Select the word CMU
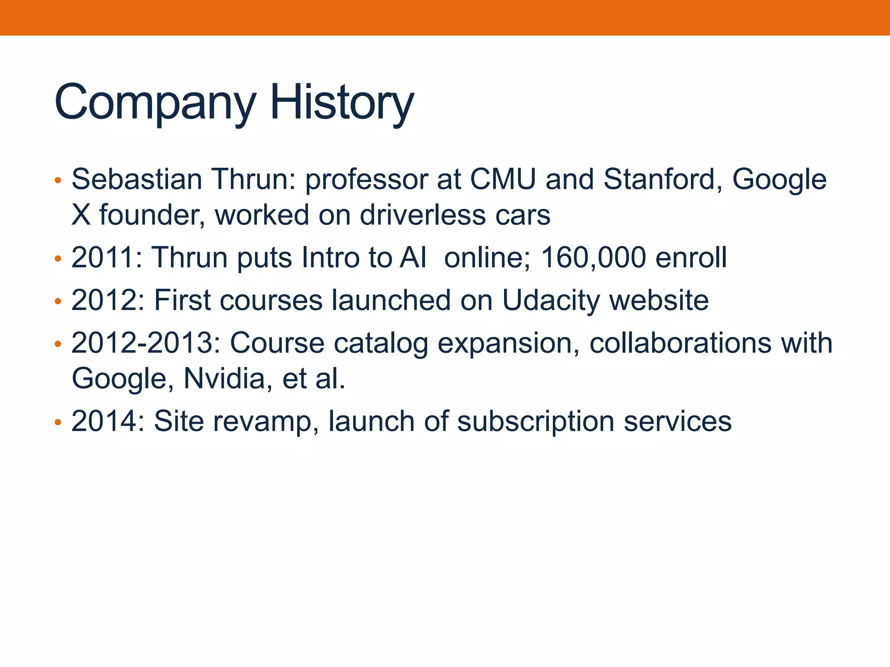(x=503, y=179)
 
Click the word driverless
(x=422, y=215)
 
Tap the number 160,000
(x=593, y=258)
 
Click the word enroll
(x=691, y=258)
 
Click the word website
(x=659, y=300)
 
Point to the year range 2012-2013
(x=146, y=343)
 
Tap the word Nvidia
(x=224, y=379)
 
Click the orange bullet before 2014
(x=58, y=422)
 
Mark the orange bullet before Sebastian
(x=58, y=180)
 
